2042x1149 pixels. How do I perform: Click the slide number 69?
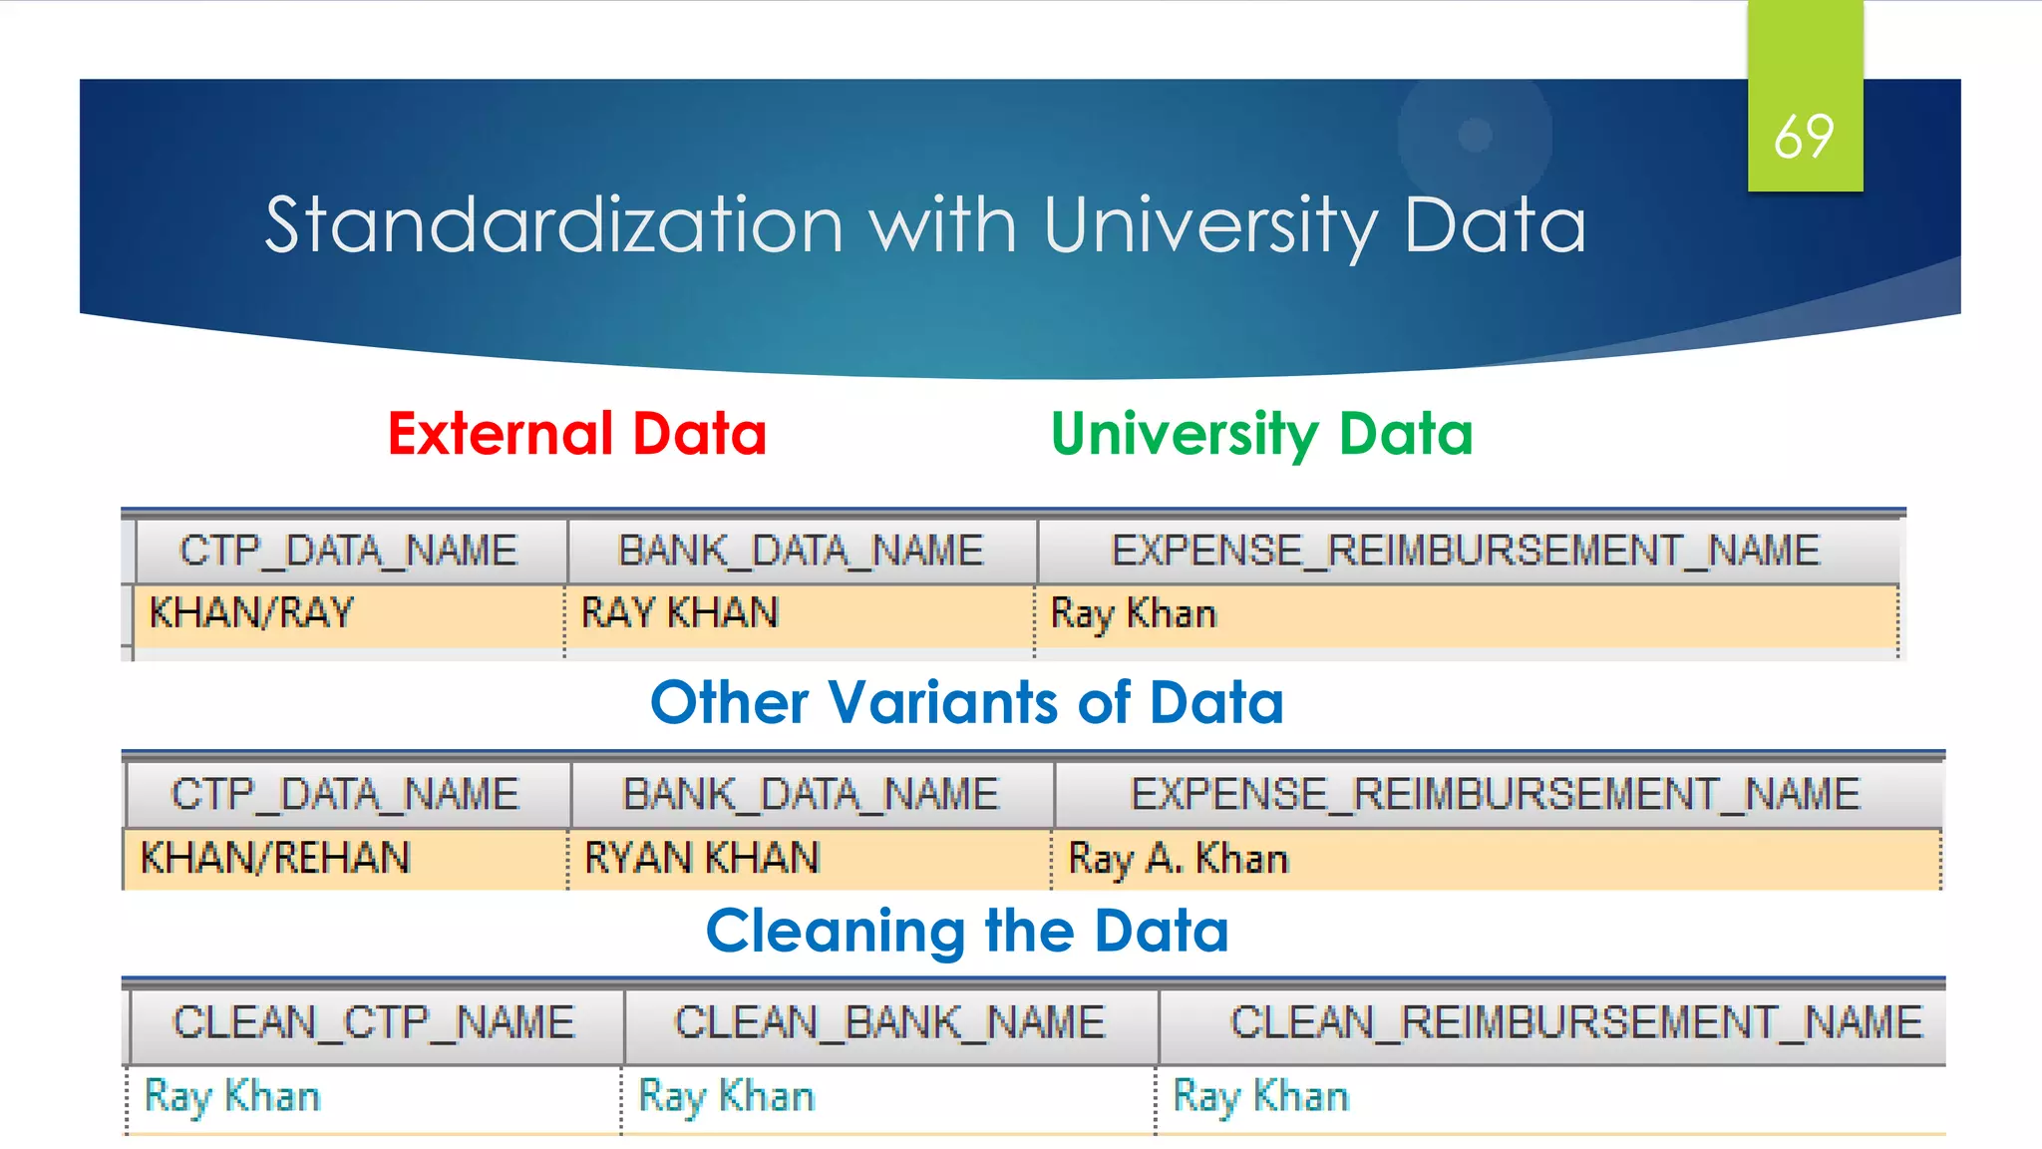tap(1804, 137)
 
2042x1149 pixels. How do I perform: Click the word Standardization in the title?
tap(554, 225)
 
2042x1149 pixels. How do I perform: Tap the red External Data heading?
tap(577, 434)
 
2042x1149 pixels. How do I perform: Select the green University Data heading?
tap(1261, 435)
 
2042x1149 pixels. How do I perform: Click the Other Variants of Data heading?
tap(966, 702)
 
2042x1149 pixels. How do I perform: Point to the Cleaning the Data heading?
tap(966, 931)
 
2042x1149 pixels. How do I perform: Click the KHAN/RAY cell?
tap(251, 612)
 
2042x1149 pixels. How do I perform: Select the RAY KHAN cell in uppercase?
tap(679, 612)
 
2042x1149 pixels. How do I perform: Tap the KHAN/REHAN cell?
tap(275, 858)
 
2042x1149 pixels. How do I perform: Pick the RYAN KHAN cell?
tap(702, 858)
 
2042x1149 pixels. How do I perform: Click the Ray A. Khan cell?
tap(1179, 859)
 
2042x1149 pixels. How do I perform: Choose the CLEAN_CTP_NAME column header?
tap(374, 1023)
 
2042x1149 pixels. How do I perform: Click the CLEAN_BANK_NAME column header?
tap(889, 1023)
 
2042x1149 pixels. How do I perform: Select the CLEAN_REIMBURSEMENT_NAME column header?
tap(1575, 1023)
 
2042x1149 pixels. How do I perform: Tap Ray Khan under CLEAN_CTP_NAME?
tap(232, 1097)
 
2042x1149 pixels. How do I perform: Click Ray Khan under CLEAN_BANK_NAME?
tap(727, 1097)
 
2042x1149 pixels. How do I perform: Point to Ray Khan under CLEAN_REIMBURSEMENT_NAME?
tap(1261, 1097)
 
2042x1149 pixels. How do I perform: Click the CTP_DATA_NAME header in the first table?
tap(348, 551)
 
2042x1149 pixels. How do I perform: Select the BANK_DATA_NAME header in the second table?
tap(811, 795)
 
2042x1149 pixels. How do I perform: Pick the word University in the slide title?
tap(1210, 225)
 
